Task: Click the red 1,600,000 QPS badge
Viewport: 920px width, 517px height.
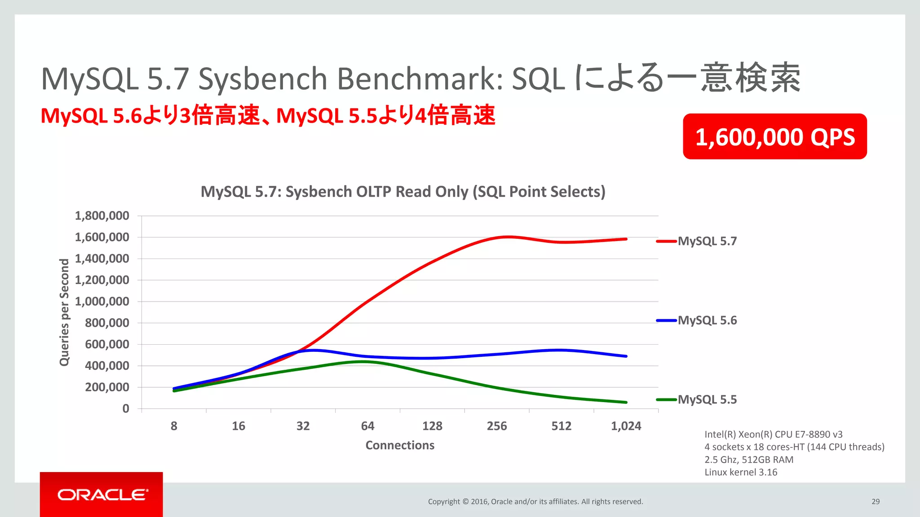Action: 774,136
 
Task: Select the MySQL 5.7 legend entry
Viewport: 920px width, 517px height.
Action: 707,241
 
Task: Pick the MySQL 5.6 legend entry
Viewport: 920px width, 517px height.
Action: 707,320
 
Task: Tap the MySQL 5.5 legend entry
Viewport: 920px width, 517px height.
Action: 707,399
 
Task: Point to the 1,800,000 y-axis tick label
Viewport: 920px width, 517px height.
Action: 102,216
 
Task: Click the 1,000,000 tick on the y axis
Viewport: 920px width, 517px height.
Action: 102,302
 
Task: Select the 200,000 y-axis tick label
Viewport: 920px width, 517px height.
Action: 107,387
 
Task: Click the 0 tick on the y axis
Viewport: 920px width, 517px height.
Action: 126,408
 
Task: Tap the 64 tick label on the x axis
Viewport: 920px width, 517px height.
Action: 367,426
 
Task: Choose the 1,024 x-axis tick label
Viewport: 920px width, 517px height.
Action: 626,426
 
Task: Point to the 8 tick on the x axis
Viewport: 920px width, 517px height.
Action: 174,426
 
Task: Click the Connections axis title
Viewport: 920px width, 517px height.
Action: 400,445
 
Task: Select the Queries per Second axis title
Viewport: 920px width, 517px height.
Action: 65,312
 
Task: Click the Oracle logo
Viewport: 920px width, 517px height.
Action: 102,495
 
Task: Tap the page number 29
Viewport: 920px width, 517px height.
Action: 876,502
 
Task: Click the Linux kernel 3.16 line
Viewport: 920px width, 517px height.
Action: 741,472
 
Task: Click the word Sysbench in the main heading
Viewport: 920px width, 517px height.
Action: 263,79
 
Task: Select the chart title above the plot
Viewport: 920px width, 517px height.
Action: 403,192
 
